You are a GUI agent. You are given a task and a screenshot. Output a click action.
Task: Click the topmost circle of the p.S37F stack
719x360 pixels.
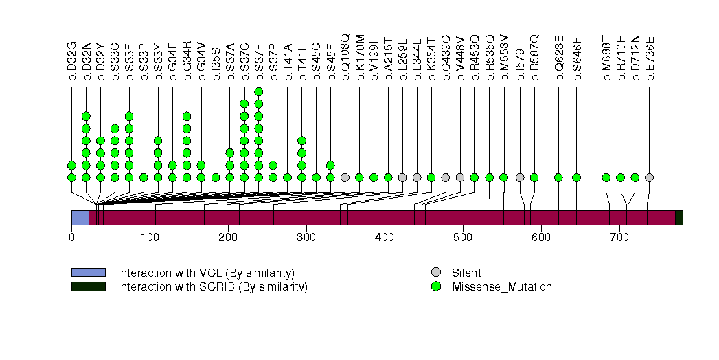click(x=258, y=91)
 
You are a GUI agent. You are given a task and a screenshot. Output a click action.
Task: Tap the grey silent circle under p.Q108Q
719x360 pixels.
click(x=345, y=177)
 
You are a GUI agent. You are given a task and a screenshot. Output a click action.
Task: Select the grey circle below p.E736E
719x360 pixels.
click(x=649, y=177)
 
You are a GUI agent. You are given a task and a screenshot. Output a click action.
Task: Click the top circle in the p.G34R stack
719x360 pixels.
click(x=186, y=116)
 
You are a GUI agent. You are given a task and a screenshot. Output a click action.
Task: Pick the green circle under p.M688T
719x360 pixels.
click(x=606, y=177)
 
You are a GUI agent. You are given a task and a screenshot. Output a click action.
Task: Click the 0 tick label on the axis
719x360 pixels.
click(x=71, y=238)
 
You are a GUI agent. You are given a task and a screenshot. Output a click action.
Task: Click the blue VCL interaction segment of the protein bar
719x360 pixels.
click(x=80, y=218)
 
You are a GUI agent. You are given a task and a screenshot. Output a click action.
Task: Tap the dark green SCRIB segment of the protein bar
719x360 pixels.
click(x=678, y=218)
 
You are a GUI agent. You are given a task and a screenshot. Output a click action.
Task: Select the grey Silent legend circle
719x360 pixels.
click(x=435, y=273)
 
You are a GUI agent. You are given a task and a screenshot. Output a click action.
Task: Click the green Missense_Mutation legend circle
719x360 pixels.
click(x=435, y=286)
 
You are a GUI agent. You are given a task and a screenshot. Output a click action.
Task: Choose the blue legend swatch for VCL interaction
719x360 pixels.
click(x=88, y=273)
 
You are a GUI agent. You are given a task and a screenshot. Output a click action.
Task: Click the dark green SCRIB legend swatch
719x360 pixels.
click(x=88, y=286)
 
